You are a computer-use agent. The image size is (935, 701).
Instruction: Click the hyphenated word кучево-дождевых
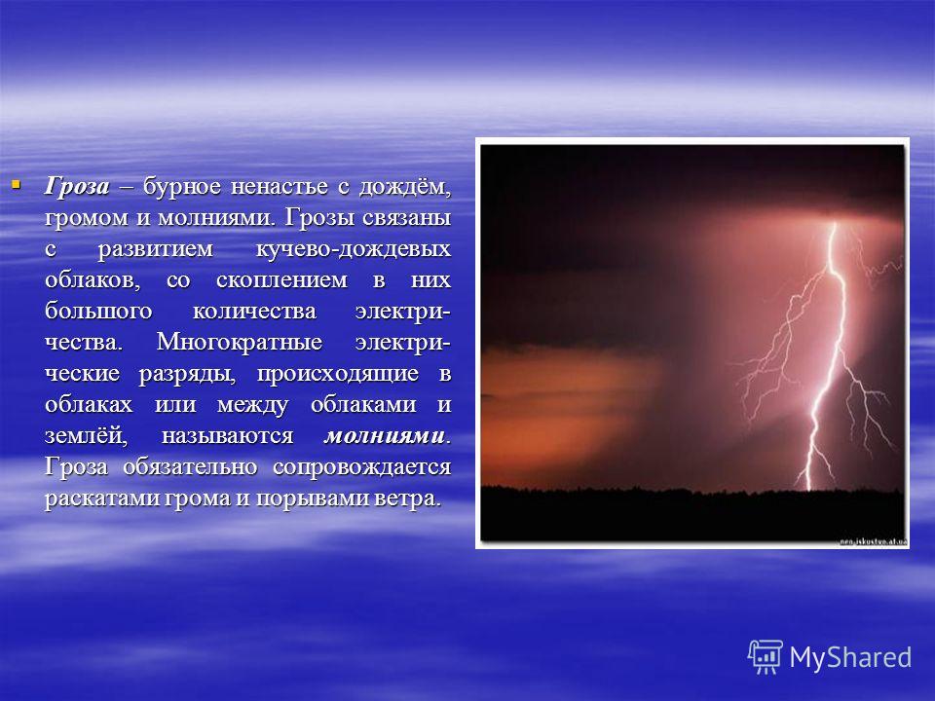click(x=353, y=248)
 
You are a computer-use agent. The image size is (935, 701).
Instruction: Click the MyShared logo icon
click(x=765, y=655)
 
